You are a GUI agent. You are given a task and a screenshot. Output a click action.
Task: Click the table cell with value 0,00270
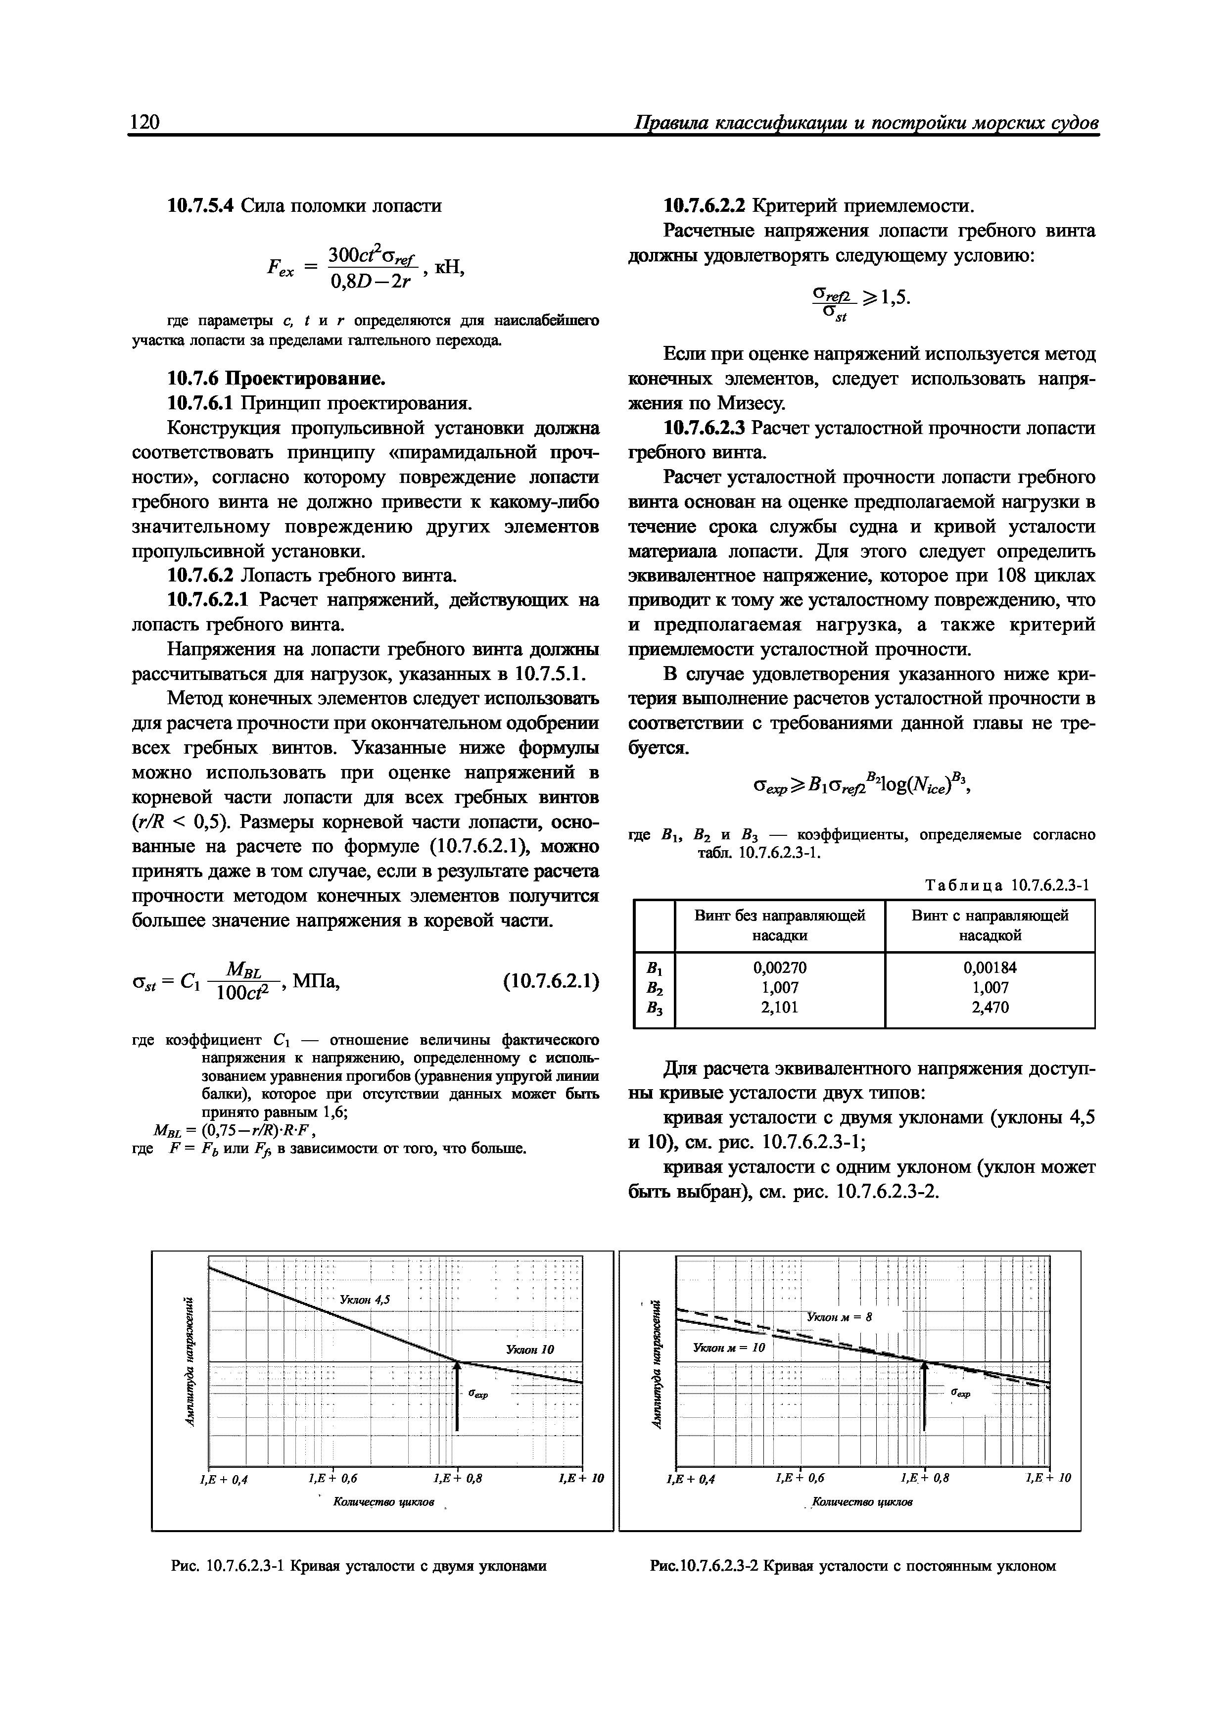[779, 967]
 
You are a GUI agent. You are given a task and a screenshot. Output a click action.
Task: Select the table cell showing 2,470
[990, 1007]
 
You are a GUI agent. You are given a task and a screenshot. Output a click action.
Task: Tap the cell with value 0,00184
[990, 967]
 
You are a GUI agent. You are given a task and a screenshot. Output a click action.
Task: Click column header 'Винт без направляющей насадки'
[779, 925]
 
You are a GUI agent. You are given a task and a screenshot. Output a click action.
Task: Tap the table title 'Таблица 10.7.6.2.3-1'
[1010, 885]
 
